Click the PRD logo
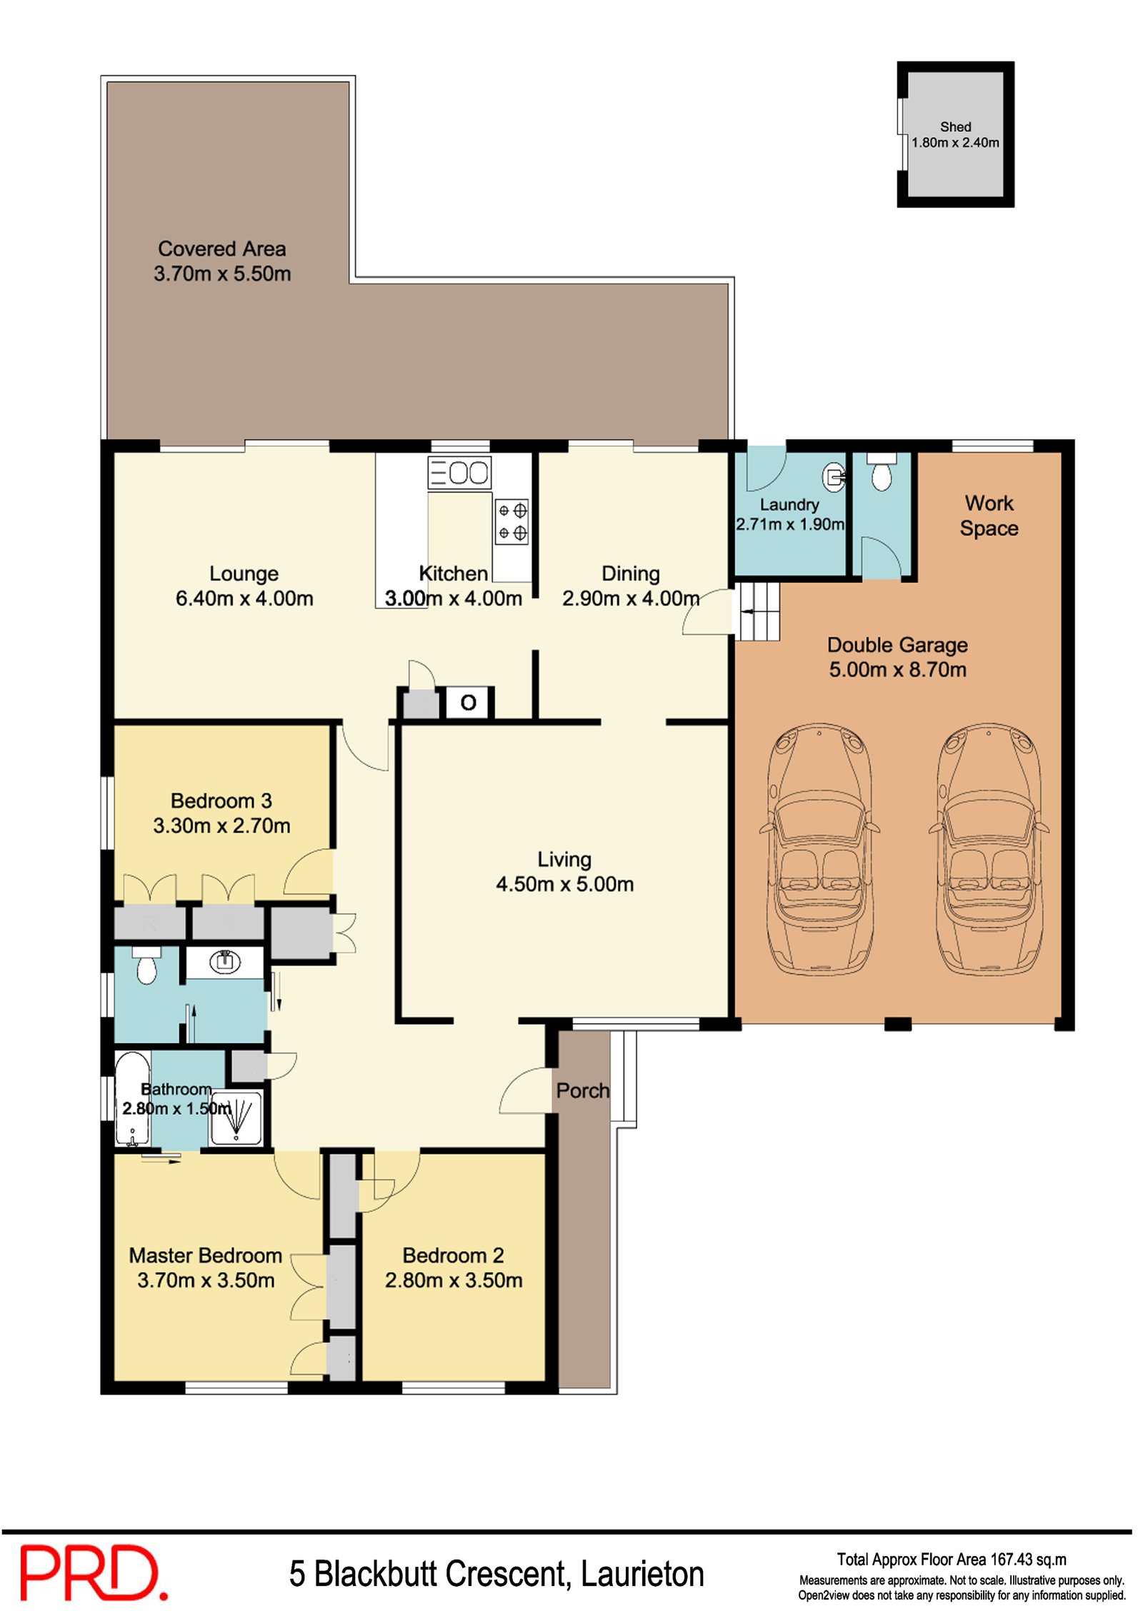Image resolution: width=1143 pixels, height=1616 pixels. click(94, 1572)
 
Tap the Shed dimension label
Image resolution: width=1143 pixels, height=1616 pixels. click(955, 142)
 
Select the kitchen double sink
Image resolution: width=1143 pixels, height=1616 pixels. click(459, 472)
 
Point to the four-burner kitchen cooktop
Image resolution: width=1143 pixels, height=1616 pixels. click(511, 521)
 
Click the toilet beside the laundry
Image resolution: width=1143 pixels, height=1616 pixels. click(882, 473)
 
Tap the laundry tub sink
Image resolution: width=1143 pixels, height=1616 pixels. click(834, 476)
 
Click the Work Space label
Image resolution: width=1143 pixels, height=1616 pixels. click(989, 516)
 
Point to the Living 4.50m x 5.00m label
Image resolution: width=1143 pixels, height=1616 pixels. click(564, 871)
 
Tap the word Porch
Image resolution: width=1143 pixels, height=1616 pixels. click(583, 1090)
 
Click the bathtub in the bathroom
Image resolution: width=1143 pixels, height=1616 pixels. click(133, 1098)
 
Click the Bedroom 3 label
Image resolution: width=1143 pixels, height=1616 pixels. click(221, 813)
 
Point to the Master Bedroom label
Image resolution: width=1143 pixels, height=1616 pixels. click(206, 1268)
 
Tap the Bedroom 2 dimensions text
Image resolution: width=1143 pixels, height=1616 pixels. click(454, 1280)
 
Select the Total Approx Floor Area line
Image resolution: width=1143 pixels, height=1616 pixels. click(952, 1560)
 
